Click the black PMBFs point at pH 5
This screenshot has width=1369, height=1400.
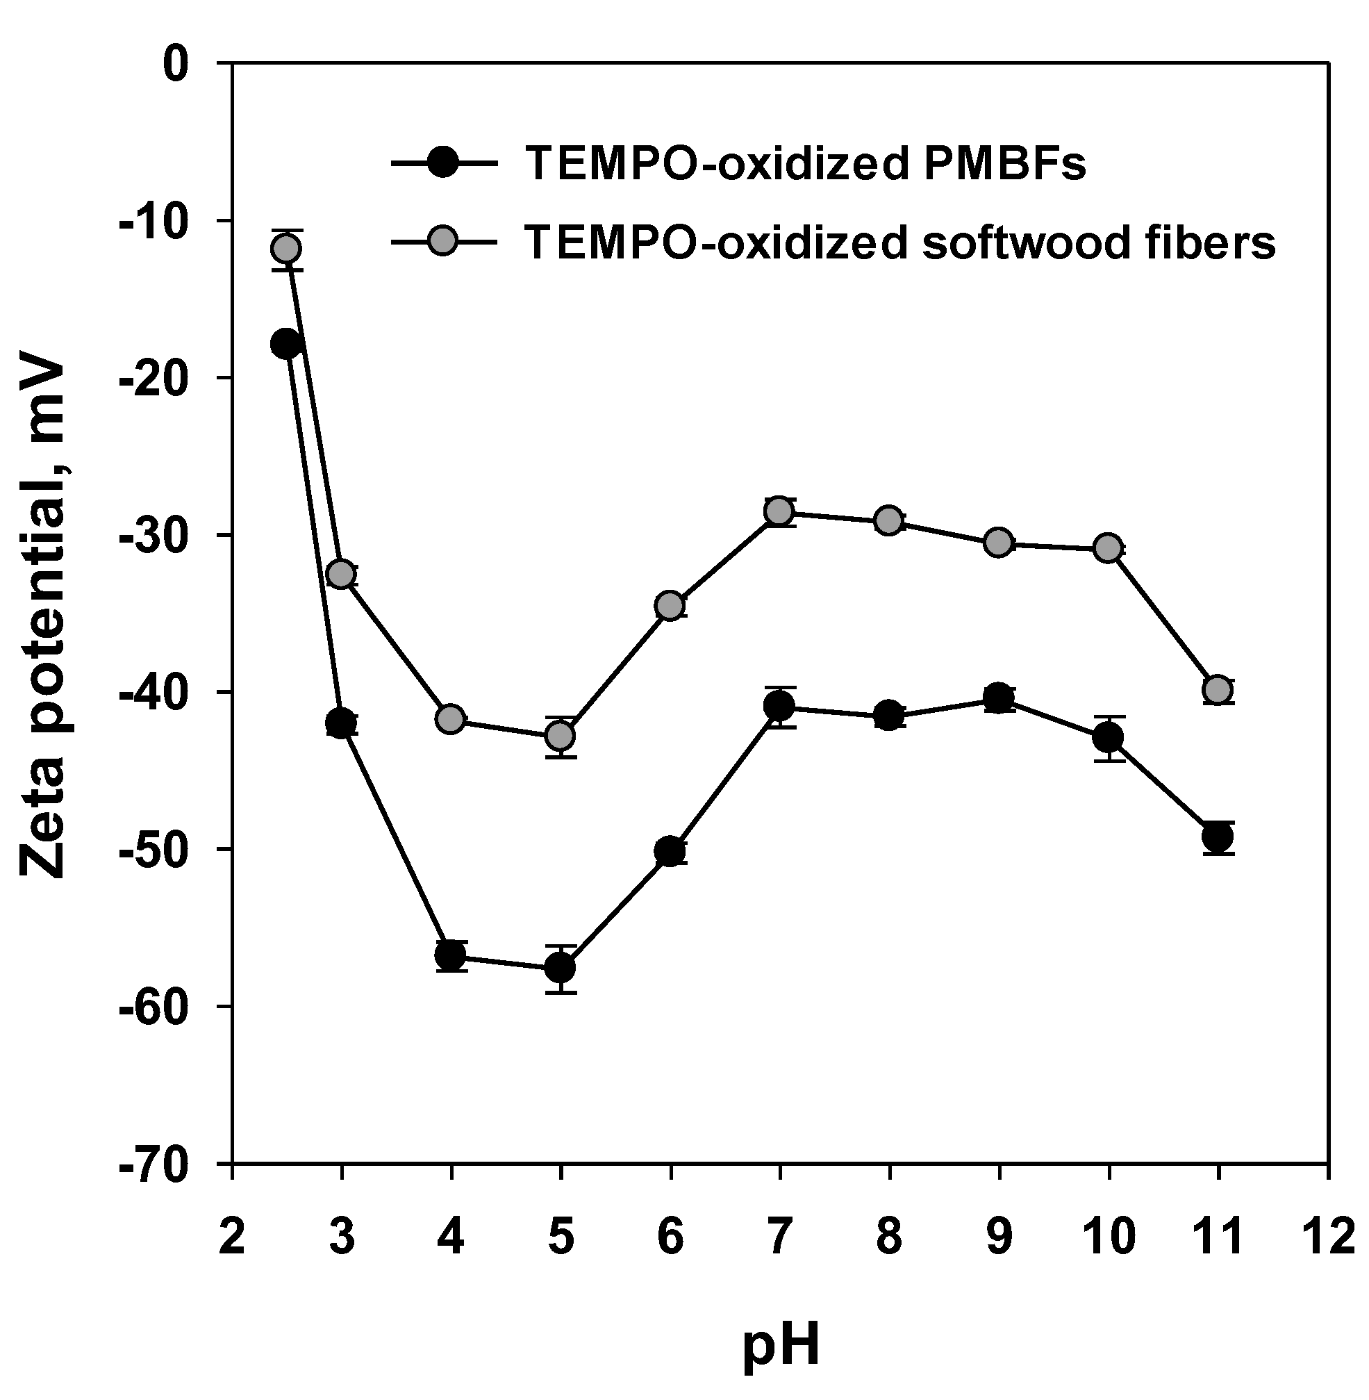tap(560, 968)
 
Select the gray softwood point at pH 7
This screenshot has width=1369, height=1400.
tap(779, 511)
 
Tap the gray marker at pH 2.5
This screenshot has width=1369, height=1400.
tap(286, 249)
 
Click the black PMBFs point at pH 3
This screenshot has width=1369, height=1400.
tap(341, 723)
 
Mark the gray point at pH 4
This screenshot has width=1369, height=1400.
tap(451, 719)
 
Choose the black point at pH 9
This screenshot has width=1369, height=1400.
tap(998, 698)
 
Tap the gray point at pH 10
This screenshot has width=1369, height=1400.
tap(1108, 548)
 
